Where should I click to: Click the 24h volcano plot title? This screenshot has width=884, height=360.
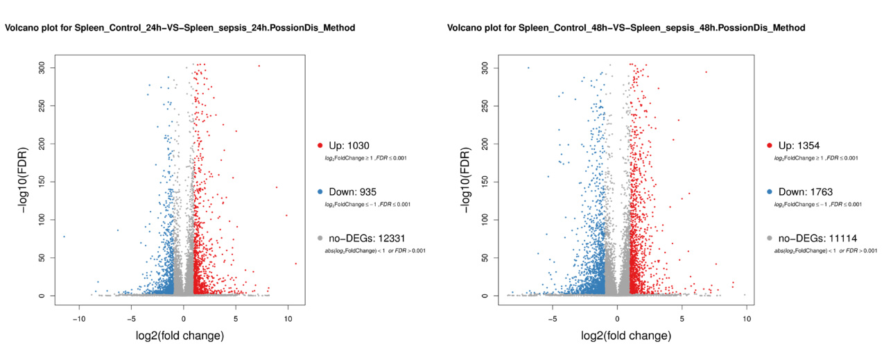[180, 28]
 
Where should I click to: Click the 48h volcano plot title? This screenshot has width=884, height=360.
[626, 28]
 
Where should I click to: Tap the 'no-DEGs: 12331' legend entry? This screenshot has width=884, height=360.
[364, 238]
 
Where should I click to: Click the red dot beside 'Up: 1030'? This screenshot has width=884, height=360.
[320, 145]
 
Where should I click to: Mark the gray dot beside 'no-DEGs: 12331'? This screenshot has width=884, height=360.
[320, 238]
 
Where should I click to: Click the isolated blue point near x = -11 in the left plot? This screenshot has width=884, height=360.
[64, 237]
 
